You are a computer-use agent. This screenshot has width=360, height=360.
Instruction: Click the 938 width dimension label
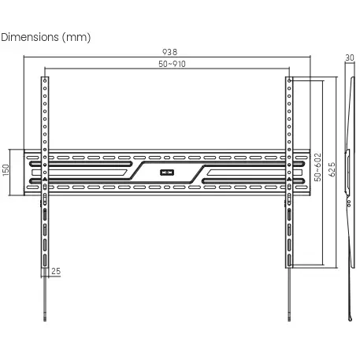click(x=169, y=52)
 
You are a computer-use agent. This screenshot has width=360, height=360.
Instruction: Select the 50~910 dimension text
click(x=172, y=64)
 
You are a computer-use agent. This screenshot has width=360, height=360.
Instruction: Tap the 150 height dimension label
click(x=6, y=170)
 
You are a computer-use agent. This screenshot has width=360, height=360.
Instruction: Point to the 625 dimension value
click(x=332, y=169)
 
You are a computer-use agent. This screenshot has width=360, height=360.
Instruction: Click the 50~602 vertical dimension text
click(x=317, y=167)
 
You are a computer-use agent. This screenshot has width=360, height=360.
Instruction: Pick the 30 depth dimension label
click(x=350, y=58)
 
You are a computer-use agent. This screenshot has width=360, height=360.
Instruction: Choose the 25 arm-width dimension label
click(x=56, y=271)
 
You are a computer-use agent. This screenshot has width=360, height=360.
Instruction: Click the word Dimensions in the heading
click(x=30, y=37)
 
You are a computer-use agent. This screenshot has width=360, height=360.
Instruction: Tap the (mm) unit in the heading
click(x=76, y=37)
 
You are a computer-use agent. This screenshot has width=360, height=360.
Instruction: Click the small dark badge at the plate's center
click(x=167, y=173)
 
